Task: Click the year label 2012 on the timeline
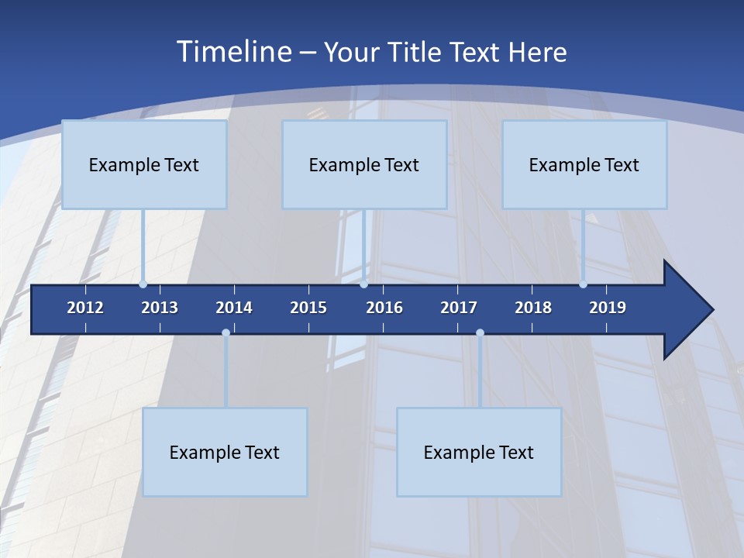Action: (85, 308)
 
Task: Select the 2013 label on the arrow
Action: (160, 308)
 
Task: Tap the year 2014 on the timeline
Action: (234, 308)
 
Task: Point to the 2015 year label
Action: (308, 308)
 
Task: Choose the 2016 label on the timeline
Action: (384, 308)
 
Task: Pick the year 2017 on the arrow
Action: (459, 308)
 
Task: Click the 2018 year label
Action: (533, 308)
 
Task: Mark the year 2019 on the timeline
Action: (608, 308)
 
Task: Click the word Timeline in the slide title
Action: (233, 52)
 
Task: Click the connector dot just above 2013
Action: (143, 284)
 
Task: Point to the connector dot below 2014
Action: (226, 333)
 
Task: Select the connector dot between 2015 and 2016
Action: (363, 284)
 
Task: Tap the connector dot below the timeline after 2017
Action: (480, 333)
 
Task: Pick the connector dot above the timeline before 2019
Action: (583, 284)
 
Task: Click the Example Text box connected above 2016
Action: (364, 164)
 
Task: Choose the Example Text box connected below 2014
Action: (225, 452)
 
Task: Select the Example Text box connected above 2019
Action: (584, 164)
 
